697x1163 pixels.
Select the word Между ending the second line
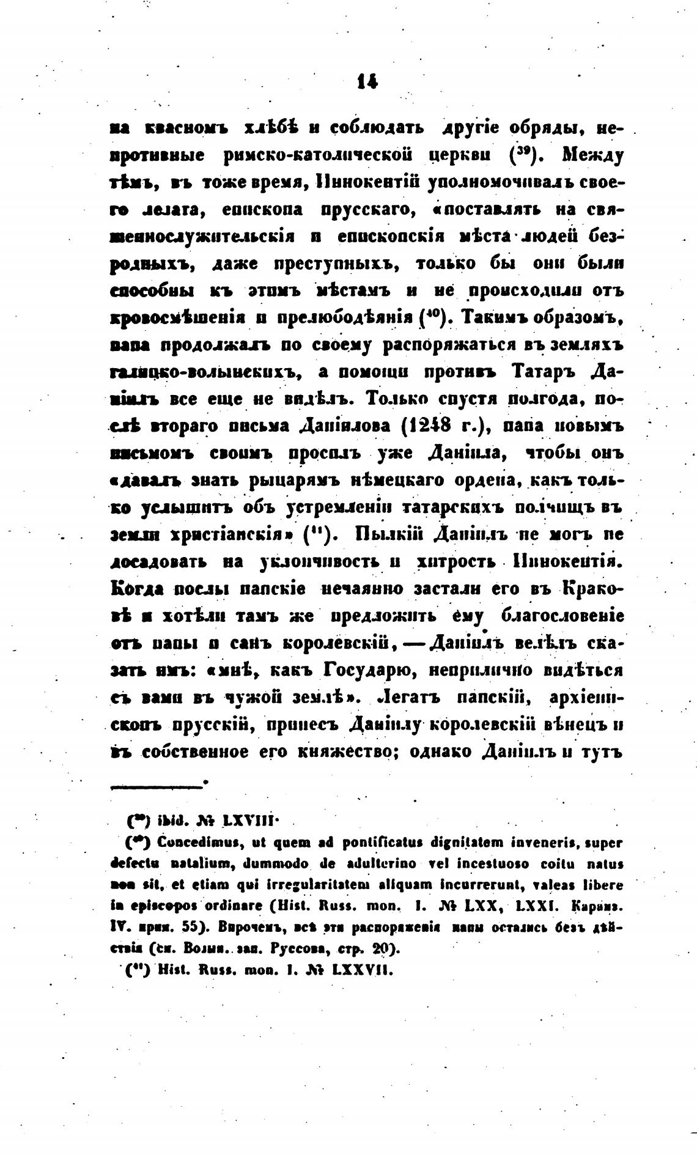point(592,157)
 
